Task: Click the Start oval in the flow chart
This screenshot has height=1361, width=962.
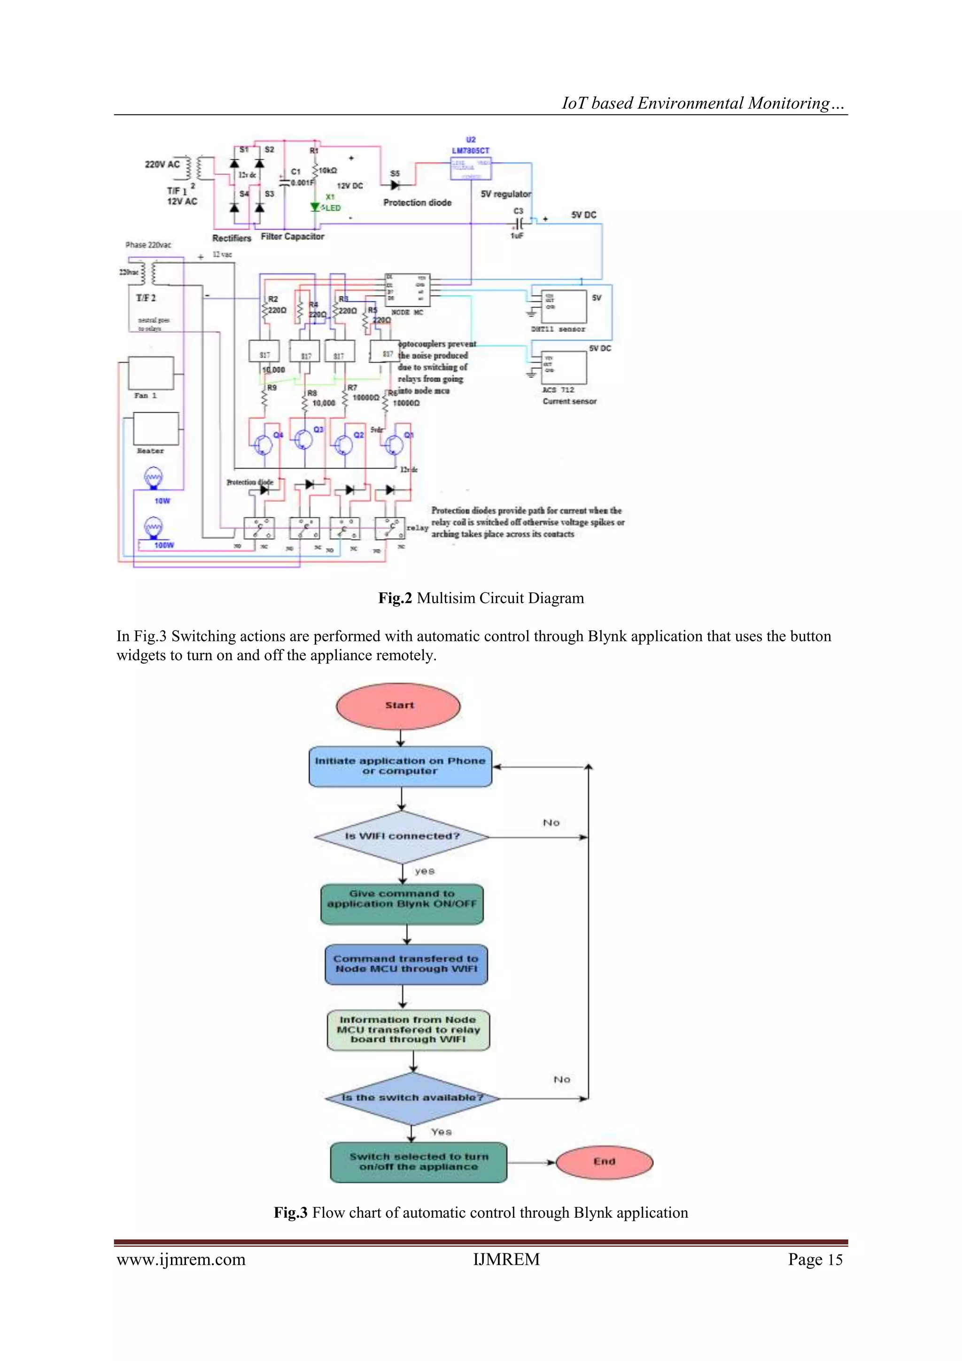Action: tap(398, 705)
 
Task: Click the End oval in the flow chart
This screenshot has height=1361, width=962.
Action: tap(604, 1162)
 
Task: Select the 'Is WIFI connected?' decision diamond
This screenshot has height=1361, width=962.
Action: tap(402, 836)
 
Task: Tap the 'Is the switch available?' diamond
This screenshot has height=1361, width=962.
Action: tap(412, 1098)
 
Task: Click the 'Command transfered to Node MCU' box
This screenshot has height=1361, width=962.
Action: tap(406, 964)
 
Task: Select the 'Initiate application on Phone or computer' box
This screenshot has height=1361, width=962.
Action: tap(400, 766)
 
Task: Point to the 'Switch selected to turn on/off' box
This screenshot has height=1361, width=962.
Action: tap(419, 1162)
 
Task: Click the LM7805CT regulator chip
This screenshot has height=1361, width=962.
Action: tap(471, 168)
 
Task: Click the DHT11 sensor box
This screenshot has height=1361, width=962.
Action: tap(564, 306)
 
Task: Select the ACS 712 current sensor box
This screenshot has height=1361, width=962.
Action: tap(564, 367)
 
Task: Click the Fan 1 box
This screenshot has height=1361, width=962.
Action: tap(151, 373)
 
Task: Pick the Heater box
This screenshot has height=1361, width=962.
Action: tap(155, 428)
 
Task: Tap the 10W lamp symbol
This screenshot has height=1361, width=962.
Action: tap(154, 478)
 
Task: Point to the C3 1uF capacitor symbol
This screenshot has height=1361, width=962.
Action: tap(519, 224)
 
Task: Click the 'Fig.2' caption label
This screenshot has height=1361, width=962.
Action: tap(395, 598)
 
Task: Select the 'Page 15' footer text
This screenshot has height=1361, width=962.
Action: tap(815, 1260)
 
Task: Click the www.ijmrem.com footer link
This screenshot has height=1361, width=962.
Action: tap(181, 1260)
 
